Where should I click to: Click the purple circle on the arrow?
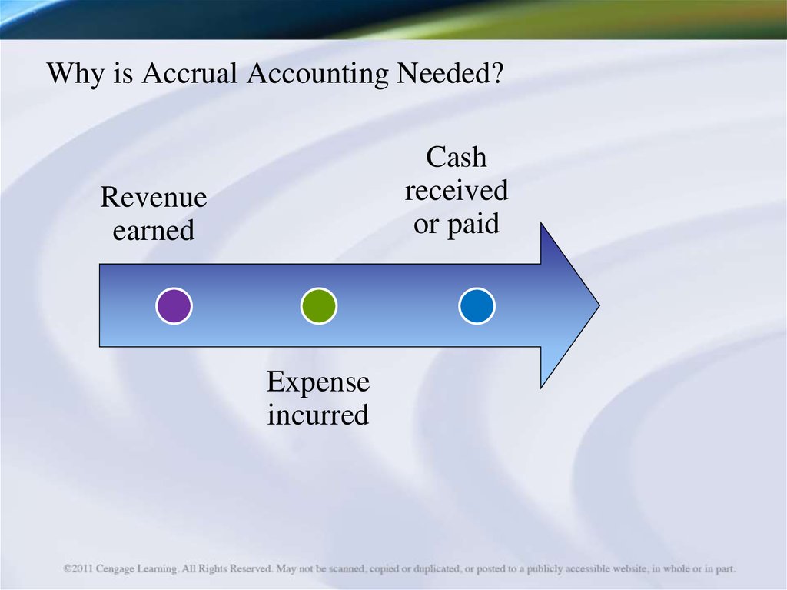[x=174, y=305]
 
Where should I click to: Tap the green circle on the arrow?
[x=319, y=305]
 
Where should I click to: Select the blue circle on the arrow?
[x=477, y=305]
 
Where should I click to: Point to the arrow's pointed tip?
[x=599, y=305]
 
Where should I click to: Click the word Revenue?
[x=154, y=196]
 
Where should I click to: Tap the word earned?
[x=154, y=230]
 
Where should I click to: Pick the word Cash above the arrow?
[x=457, y=157]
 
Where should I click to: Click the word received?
[x=457, y=191]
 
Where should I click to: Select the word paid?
[x=473, y=224]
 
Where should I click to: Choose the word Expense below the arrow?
[x=318, y=382]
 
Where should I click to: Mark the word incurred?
[x=318, y=415]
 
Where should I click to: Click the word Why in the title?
[x=76, y=73]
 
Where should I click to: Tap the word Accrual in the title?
[x=189, y=72]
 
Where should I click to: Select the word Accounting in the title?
[x=317, y=73]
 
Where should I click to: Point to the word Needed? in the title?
[x=450, y=72]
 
